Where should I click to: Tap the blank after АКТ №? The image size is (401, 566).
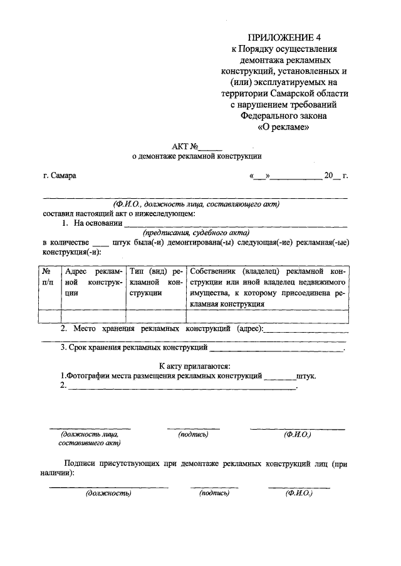(x=211, y=148)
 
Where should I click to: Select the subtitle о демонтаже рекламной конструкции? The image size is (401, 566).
(x=196, y=158)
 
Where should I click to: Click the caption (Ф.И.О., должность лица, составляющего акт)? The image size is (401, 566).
(x=196, y=204)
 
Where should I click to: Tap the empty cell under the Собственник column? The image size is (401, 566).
(x=268, y=316)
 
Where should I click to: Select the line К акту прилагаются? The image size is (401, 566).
(x=195, y=366)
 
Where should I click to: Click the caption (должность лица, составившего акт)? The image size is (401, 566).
(x=90, y=438)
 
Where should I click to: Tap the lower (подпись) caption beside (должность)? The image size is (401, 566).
(x=214, y=493)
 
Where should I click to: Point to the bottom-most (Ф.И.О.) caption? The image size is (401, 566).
(x=299, y=493)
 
